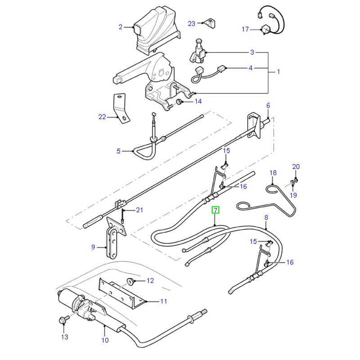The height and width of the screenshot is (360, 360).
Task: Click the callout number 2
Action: (121, 27)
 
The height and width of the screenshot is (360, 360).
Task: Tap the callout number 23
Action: (192, 23)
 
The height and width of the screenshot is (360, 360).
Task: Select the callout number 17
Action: (245, 30)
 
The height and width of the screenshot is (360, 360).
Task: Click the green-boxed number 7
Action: (216, 210)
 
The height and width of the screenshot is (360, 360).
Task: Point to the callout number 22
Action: (102, 117)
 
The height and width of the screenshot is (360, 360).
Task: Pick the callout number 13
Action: (64, 337)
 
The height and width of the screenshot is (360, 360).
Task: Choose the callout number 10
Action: (105, 340)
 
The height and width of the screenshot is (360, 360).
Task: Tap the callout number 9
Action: (93, 247)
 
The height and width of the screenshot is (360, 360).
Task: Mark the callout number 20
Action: (296, 166)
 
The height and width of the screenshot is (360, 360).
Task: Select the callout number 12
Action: (150, 281)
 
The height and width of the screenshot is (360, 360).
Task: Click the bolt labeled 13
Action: (62, 320)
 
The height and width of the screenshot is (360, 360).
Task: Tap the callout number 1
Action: (278, 72)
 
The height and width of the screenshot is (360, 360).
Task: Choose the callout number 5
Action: (119, 151)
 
